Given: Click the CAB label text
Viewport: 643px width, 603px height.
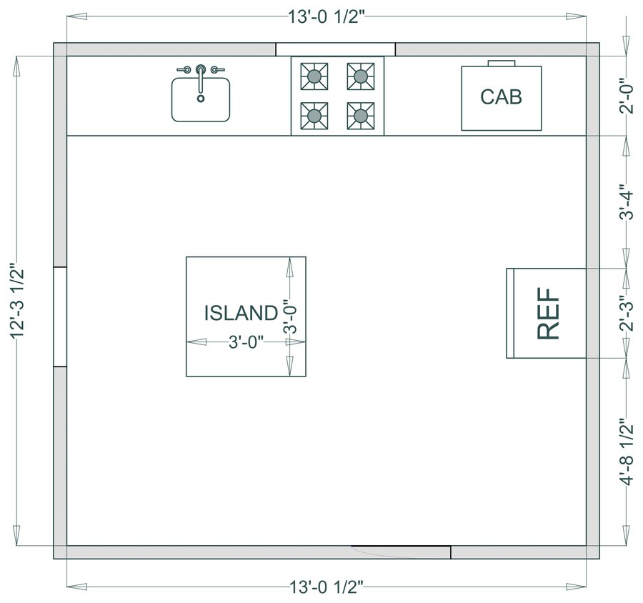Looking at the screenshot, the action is tap(501, 96).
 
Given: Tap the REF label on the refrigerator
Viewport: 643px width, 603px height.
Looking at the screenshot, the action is tap(548, 314).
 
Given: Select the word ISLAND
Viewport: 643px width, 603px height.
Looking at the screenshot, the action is tap(241, 313).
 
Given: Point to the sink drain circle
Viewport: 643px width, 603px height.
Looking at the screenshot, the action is tap(201, 99).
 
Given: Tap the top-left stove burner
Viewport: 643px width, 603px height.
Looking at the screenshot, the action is tap(314, 76).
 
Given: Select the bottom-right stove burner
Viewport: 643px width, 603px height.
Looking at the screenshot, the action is tap(361, 116).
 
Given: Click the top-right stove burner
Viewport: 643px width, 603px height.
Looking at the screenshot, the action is tap(361, 76).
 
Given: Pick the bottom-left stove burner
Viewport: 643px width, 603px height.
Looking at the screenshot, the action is tap(314, 116).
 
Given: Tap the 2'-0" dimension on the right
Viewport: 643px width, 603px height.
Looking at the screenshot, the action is tap(627, 95).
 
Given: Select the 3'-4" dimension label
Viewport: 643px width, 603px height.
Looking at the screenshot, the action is tap(627, 201).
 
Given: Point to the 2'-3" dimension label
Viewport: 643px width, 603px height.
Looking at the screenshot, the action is tap(627, 314).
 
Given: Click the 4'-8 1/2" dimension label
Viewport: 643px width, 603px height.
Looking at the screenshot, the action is tap(627, 452).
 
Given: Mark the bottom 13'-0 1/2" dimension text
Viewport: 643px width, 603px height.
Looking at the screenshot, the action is tap(327, 587).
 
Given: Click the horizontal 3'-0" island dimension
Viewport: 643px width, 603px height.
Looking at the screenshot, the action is tap(246, 342).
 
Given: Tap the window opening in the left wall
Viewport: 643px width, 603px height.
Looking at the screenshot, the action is tap(60, 317).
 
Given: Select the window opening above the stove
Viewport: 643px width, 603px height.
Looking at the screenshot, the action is tap(336, 49).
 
